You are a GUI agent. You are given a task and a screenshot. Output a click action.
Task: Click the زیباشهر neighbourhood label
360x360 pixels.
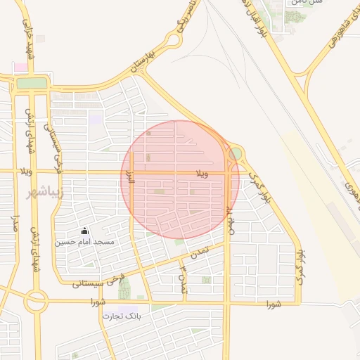44,192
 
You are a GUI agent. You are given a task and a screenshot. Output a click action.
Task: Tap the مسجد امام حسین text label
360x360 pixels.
96,241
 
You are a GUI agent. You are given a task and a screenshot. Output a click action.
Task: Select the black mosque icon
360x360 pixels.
85,231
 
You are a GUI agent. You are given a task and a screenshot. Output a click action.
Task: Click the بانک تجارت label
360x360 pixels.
122,316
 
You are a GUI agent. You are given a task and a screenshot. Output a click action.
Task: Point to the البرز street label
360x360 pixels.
129,176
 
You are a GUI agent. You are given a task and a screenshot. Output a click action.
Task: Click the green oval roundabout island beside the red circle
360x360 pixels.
236,153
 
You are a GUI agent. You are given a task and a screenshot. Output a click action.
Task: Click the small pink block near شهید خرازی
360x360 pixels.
20,67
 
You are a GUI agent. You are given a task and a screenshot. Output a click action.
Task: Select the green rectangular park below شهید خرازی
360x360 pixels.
30,83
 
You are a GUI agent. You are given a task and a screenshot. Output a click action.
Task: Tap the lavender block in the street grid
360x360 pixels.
94,119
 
